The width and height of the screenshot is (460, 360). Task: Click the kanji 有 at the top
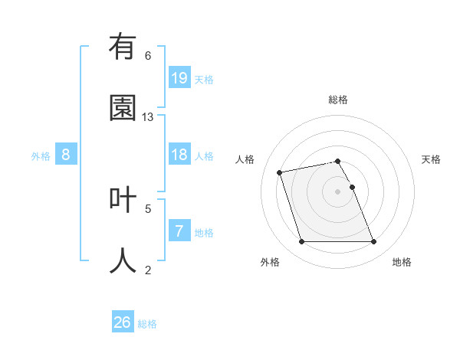tap(123, 47)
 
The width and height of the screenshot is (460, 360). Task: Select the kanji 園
tap(123, 108)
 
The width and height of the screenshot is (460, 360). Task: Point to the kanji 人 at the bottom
tap(123, 260)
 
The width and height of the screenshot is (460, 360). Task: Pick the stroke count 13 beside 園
tap(148, 117)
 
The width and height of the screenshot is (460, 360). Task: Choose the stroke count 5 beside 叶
tap(148, 208)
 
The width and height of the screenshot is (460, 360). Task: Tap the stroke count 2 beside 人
tap(148, 270)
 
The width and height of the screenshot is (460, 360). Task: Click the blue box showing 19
tap(179, 78)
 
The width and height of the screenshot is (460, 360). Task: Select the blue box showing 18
tap(179, 155)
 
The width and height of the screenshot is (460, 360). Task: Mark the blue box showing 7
tap(179, 231)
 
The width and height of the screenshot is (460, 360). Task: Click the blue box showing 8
tap(66, 155)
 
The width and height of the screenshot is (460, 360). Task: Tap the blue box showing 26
tap(122, 322)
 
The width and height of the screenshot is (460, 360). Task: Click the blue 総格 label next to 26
tap(147, 324)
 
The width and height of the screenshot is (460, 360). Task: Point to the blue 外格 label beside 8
tap(41, 156)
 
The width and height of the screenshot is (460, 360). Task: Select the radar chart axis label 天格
tap(431, 159)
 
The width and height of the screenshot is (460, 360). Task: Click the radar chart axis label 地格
tap(402, 262)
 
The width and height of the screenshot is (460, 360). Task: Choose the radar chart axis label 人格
tap(245, 159)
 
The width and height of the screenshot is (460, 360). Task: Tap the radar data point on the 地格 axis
tap(373, 242)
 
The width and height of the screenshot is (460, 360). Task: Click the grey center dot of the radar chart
tap(338, 191)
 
